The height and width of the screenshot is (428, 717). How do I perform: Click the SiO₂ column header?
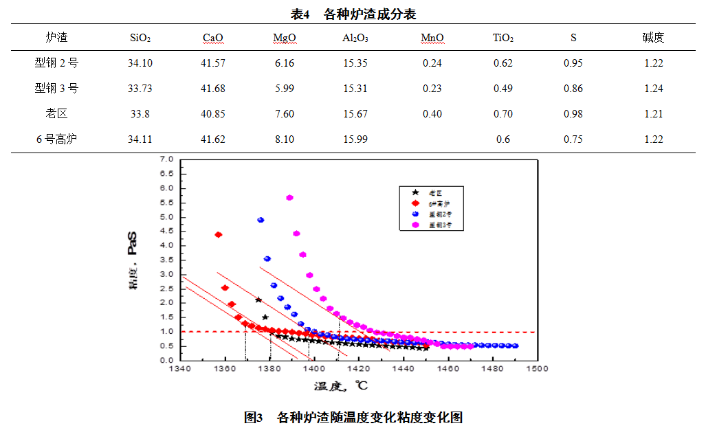(140, 38)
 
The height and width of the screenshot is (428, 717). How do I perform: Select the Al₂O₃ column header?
(355, 38)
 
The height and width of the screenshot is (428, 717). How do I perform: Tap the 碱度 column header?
(653, 38)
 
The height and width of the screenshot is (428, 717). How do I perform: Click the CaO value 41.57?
(213, 63)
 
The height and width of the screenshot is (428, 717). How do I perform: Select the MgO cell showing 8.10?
(284, 139)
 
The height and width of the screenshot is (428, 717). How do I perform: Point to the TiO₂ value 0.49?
(503, 89)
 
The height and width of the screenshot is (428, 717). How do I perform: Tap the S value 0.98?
(573, 113)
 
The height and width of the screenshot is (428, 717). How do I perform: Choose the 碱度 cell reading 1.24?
(654, 89)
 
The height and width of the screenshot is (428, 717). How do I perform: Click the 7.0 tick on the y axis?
(166, 159)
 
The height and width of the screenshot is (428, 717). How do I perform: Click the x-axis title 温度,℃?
(341, 386)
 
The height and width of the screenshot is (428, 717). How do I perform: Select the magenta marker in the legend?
(415, 225)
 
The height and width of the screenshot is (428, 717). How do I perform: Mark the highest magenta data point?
(289, 198)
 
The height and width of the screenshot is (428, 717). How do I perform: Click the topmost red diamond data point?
(219, 235)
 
